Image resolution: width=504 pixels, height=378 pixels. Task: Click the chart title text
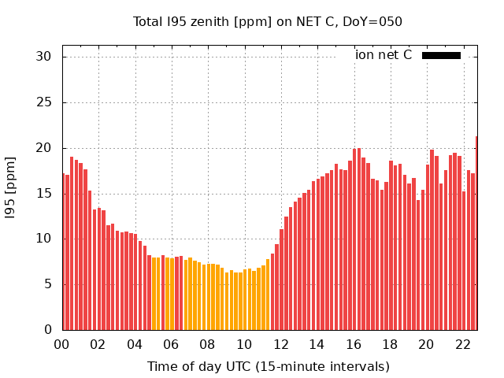pos(269,21)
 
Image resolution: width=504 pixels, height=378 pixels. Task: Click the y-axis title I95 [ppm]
pos(11,187)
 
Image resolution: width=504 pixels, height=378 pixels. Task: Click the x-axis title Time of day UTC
pos(269,366)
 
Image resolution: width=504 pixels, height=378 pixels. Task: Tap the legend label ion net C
pos(383,55)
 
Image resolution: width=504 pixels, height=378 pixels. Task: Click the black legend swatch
pos(441,55)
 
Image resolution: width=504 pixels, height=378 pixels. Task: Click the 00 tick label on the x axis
pos(61,344)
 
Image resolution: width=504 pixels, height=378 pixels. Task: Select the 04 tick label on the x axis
pos(135,344)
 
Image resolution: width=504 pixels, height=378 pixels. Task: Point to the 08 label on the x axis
pos(208,344)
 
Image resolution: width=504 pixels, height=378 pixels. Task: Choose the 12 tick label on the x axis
pos(281,344)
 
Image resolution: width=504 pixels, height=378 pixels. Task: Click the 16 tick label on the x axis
pos(354,344)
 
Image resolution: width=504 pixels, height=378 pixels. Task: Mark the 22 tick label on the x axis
pos(463,344)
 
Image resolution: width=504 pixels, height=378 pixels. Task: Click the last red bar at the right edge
pos(476,233)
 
